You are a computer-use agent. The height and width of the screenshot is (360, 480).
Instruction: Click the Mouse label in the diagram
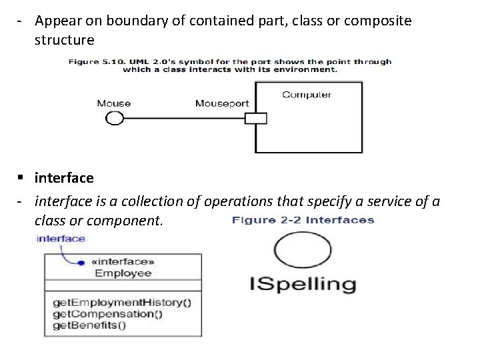click(113, 103)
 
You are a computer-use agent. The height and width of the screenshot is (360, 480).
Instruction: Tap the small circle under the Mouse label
click(115, 118)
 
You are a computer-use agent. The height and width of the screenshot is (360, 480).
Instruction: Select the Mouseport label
click(221, 103)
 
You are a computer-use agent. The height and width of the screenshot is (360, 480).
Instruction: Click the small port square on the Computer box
click(255, 119)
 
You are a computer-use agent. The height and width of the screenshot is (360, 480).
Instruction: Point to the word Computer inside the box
click(306, 95)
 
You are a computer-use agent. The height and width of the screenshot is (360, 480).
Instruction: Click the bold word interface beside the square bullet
click(64, 179)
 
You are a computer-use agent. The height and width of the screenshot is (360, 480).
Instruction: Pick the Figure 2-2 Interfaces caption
click(303, 220)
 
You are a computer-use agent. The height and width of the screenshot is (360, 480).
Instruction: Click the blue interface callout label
click(61, 238)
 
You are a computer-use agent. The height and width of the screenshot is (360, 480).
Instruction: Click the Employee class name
click(123, 273)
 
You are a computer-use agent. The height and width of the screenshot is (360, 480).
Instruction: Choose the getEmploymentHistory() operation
click(121, 302)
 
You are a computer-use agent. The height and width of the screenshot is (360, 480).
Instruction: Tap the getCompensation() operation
click(107, 313)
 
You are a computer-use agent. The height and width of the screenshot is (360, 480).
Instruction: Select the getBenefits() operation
click(89, 325)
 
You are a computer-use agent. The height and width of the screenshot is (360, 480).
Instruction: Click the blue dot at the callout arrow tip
click(81, 262)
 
